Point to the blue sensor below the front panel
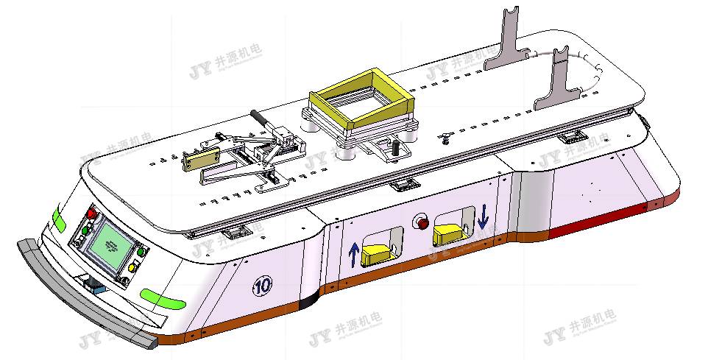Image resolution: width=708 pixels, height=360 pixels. [92, 283]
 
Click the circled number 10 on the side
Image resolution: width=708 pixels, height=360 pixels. [261, 286]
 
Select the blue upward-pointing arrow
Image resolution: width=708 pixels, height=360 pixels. [354, 253]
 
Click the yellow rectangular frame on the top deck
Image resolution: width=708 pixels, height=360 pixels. [360, 96]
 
